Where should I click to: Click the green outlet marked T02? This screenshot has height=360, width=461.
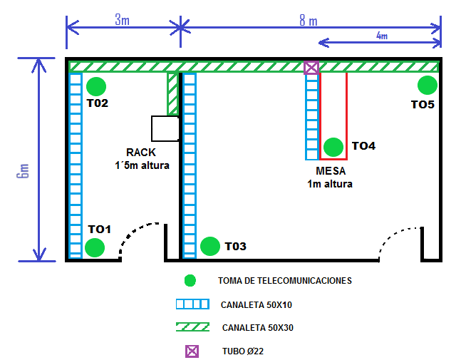coord(96,86)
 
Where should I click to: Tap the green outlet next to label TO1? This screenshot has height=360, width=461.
coord(94,247)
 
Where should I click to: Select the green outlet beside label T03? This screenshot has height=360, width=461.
coord(209,246)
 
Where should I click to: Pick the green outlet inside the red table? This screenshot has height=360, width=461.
coord(332,147)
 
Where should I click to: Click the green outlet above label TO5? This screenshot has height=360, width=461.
coord(427,85)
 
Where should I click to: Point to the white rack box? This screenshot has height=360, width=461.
coord(165,128)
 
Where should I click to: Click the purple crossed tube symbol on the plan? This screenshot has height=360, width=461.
coord(311,68)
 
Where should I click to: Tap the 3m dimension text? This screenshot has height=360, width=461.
coord(123,19)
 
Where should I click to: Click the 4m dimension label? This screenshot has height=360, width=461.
coord(381,36)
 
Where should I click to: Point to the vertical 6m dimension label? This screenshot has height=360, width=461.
coord(24,170)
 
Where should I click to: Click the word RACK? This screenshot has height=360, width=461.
coord(140,153)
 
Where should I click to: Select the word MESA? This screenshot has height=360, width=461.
coord(330,172)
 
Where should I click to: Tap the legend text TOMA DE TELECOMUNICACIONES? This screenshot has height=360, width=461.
coord(284,281)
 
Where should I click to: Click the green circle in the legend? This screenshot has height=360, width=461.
coord(190,280)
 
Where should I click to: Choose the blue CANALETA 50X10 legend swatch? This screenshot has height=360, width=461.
coord(192,304)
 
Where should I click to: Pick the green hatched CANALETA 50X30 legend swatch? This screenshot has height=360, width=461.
coord(192,327)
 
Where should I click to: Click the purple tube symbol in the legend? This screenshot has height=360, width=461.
coord(190,351)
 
